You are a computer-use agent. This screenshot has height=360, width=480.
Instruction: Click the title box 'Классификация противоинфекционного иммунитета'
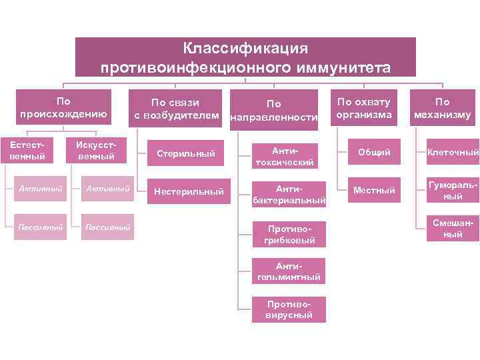click(245, 57)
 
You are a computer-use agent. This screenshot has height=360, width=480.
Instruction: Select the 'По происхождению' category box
click(63, 107)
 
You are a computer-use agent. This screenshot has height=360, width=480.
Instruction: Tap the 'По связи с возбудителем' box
click(176, 109)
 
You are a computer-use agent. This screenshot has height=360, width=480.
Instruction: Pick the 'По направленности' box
click(273, 110)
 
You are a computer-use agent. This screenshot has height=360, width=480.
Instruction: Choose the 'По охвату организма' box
click(363, 108)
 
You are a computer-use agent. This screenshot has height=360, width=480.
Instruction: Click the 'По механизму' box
click(443, 108)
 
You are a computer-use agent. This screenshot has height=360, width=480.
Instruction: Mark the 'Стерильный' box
click(185, 154)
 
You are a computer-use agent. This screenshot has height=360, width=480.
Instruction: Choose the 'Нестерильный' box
click(189, 191)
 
